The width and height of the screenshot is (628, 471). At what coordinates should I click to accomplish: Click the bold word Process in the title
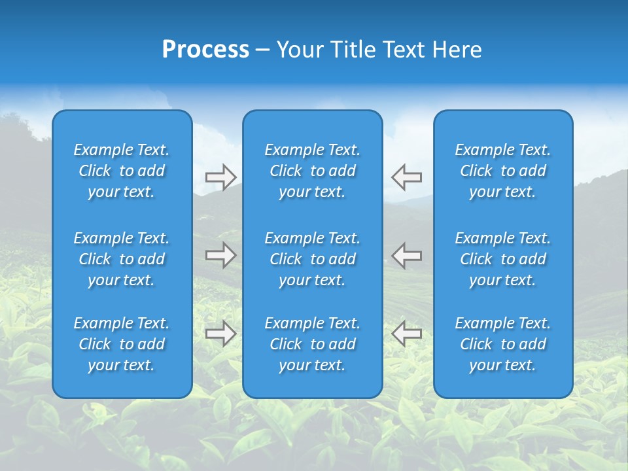pyautogui.click(x=205, y=50)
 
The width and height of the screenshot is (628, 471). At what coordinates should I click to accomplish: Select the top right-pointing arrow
pyautogui.click(x=220, y=177)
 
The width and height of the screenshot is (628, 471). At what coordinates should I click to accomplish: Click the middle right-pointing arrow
pyautogui.click(x=220, y=255)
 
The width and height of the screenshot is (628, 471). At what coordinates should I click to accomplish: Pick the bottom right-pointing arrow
pyautogui.click(x=220, y=334)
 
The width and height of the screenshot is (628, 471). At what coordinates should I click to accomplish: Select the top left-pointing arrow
pyautogui.click(x=407, y=177)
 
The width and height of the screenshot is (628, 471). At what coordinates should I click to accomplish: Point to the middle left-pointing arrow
pyautogui.click(x=407, y=255)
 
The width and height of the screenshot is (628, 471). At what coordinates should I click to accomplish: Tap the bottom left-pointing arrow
pyautogui.click(x=407, y=334)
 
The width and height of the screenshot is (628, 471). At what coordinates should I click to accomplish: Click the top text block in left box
pyautogui.click(x=122, y=171)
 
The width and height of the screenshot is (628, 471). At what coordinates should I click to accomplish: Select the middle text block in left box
pyautogui.click(x=122, y=259)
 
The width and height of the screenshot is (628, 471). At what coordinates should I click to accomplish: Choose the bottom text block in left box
pyautogui.click(x=122, y=344)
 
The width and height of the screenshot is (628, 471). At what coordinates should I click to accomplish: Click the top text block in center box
pyautogui.click(x=312, y=171)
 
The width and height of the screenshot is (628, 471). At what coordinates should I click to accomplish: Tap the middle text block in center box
pyautogui.click(x=312, y=259)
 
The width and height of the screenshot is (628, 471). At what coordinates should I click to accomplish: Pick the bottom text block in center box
pyautogui.click(x=312, y=344)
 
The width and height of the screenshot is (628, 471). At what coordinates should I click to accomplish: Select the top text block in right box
pyautogui.click(x=502, y=171)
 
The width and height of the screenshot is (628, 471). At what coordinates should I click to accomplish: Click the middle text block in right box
pyautogui.click(x=502, y=259)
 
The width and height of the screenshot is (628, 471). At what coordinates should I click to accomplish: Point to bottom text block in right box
pyautogui.click(x=502, y=344)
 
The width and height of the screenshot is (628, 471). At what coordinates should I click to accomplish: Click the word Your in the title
pyautogui.click(x=300, y=50)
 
